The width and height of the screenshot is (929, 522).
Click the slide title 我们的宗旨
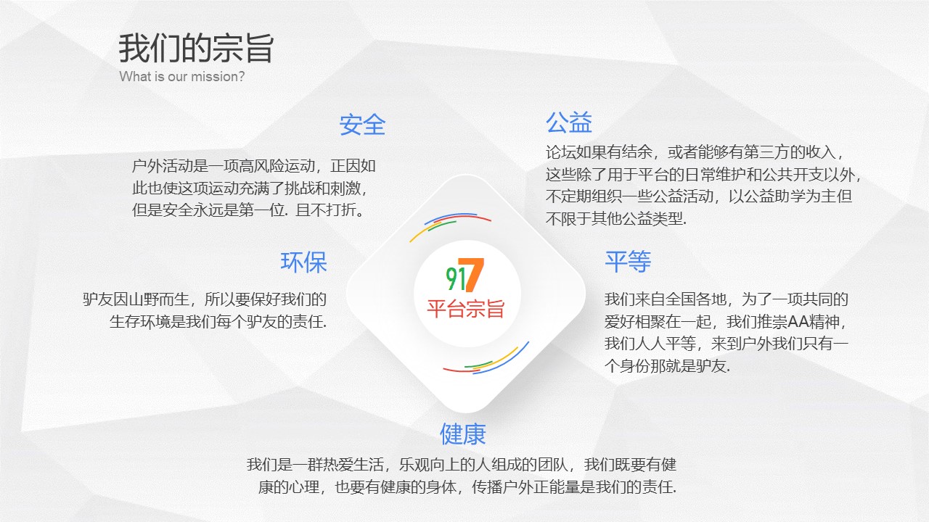point(196,49)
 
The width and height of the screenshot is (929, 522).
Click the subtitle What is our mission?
point(182,77)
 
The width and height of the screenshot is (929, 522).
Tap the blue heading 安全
point(362,125)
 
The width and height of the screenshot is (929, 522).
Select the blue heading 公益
point(569,122)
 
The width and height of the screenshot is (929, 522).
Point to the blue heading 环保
point(304,262)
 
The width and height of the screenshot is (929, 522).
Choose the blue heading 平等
point(628,262)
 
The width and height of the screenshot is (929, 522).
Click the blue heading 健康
point(463,434)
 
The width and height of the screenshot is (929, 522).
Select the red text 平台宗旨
point(465,309)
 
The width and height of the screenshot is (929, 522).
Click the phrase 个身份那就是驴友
point(666,367)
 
